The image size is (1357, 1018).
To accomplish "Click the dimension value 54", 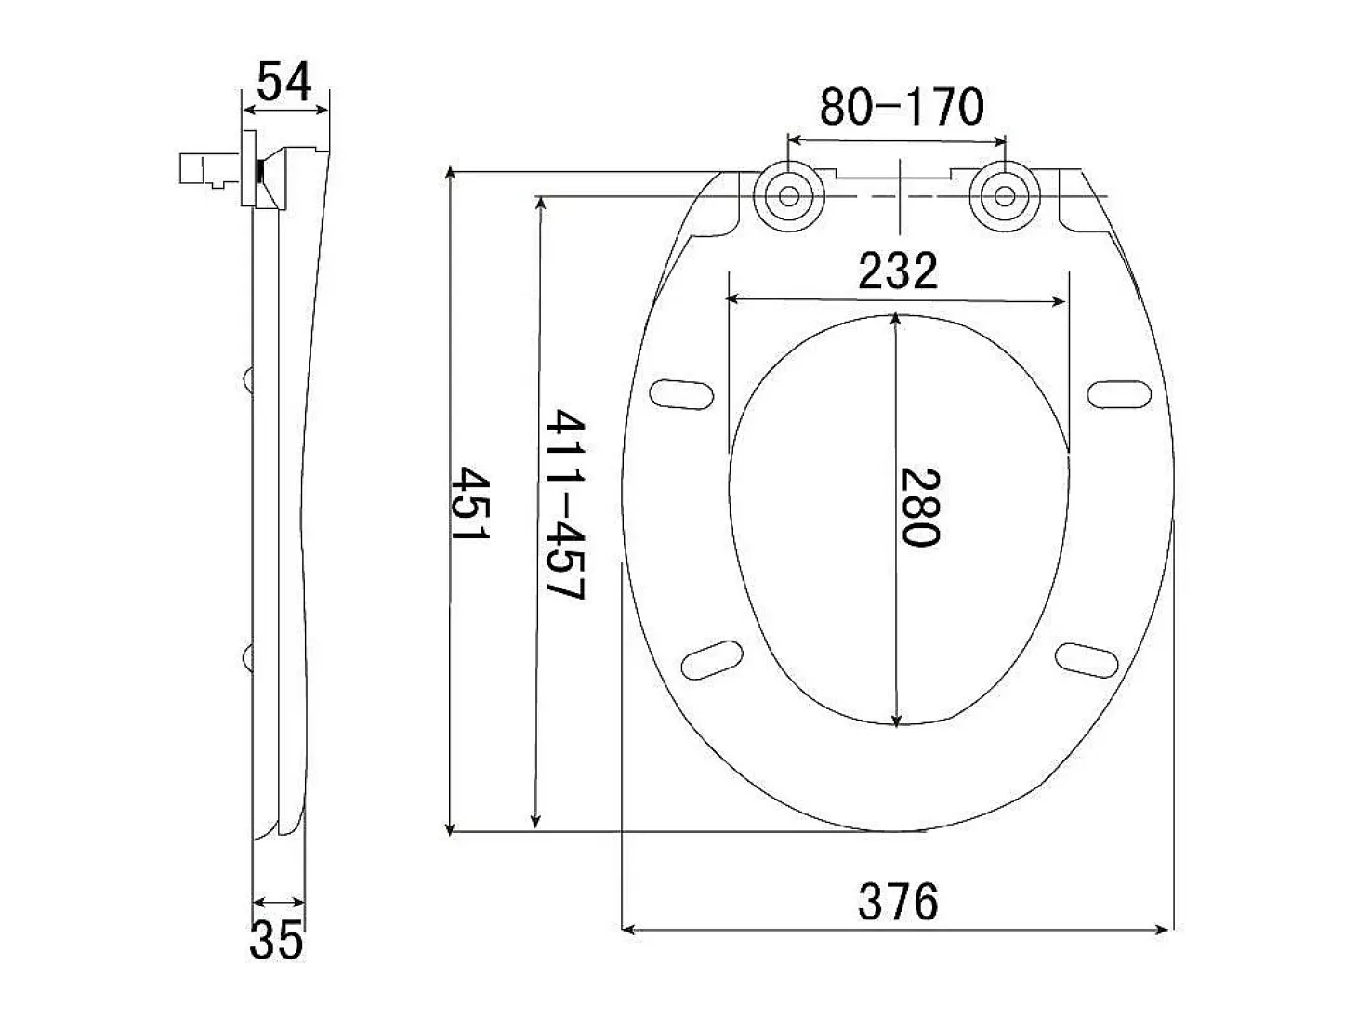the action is [x=283, y=82].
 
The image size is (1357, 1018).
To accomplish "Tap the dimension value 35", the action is [x=276, y=940].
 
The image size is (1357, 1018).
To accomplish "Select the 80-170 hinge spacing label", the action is [x=902, y=106].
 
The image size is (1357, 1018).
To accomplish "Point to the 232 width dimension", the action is [x=898, y=271].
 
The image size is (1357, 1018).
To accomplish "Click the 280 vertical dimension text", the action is [x=920, y=508].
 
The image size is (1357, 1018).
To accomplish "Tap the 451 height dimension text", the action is [x=470, y=503].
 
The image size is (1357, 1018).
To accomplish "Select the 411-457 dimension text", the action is [x=564, y=504].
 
